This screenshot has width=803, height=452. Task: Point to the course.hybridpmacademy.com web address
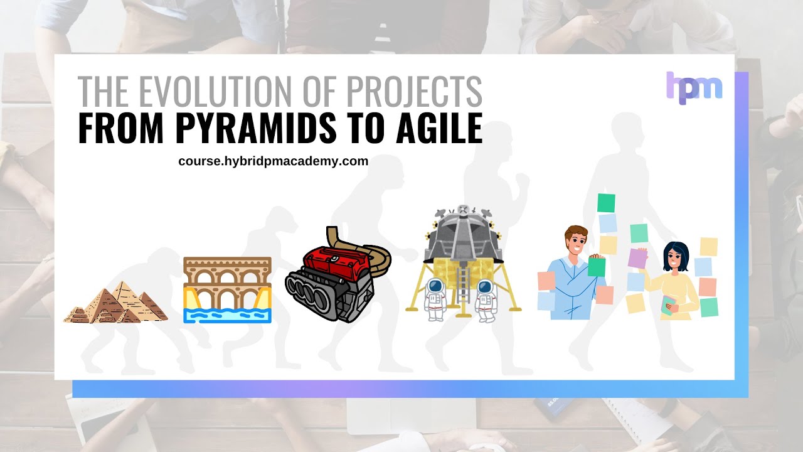pos(273,161)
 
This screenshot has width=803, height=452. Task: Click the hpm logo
pos(694,87)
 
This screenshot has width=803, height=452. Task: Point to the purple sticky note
pos(637,258)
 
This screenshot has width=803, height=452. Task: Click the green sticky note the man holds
pos(596,267)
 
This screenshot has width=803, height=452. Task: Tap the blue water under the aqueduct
pos(227,314)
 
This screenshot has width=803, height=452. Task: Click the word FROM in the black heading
pos(122,130)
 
